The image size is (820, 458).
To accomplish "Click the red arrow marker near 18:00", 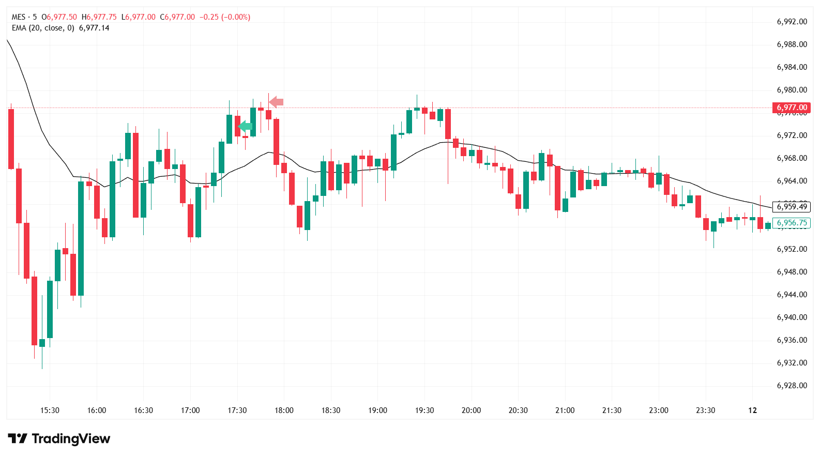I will [x=277, y=102].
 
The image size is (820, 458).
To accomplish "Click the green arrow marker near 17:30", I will [x=245, y=126].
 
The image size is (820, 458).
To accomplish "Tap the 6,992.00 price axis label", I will [x=792, y=22].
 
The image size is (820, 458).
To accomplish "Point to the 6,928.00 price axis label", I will [x=792, y=386].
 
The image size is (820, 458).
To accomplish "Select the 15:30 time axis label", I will [x=50, y=410].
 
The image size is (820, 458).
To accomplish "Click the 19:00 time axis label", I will [x=377, y=410].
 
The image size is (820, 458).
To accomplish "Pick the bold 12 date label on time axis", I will [x=752, y=410].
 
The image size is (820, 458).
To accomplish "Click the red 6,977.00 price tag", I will [x=792, y=108].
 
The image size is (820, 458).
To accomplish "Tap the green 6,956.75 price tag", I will [x=792, y=223].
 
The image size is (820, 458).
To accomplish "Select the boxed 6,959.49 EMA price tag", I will [x=792, y=207].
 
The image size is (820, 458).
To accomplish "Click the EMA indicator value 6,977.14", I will [x=94, y=28].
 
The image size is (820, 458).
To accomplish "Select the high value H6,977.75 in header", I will [x=99, y=17].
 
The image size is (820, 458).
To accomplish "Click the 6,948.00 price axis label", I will [x=792, y=272].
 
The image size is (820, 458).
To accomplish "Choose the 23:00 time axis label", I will [x=659, y=410].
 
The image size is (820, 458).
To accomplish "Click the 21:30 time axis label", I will [x=612, y=410].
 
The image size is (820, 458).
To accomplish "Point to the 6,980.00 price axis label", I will [x=792, y=90].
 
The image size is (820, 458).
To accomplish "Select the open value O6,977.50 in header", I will [x=59, y=17].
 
